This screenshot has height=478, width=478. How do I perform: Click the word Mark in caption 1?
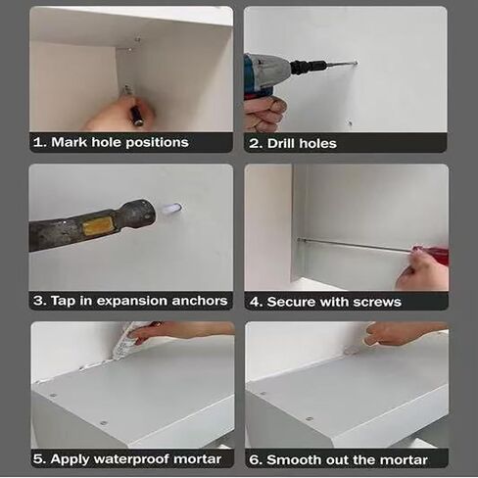[x=70, y=142]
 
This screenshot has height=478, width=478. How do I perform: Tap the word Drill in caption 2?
[x=281, y=143]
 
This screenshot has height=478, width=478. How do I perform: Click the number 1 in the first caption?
[x=38, y=142]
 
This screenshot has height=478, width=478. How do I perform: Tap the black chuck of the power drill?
[x=308, y=68]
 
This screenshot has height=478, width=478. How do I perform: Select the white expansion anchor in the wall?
[x=172, y=209]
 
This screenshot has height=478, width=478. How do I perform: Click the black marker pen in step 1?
[x=136, y=115]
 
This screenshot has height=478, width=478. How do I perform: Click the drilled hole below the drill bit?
[x=350, y=123]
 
